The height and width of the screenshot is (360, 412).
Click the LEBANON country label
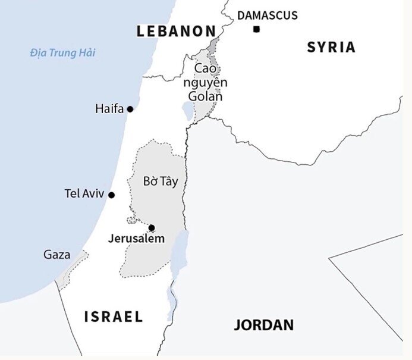tap(176, 31)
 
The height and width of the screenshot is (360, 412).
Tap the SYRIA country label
tap(331, 47)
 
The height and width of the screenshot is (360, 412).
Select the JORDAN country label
tap(263, 325)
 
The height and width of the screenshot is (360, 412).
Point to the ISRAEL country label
tap(114, 316)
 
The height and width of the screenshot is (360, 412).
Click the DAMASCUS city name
tap(268, 15)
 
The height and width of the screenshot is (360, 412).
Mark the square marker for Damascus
tap(256, 29)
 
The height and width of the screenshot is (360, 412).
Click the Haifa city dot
tap(130, 109)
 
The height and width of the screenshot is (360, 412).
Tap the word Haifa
tap(109, 109)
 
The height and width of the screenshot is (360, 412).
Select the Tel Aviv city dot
tap(111, 195)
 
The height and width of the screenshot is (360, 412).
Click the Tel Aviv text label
tap(84, 194)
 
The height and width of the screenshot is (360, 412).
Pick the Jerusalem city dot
tap(152, 227)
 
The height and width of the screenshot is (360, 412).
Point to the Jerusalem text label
tap(136, 239)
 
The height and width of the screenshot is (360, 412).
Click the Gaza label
tap(56, 255)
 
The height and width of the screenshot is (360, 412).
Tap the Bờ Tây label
tap(161, 181)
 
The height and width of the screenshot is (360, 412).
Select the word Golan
tap(205, 96)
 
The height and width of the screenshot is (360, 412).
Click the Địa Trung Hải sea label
tap(62, 53)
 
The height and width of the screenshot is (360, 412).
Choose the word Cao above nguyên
tap(206, 69)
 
